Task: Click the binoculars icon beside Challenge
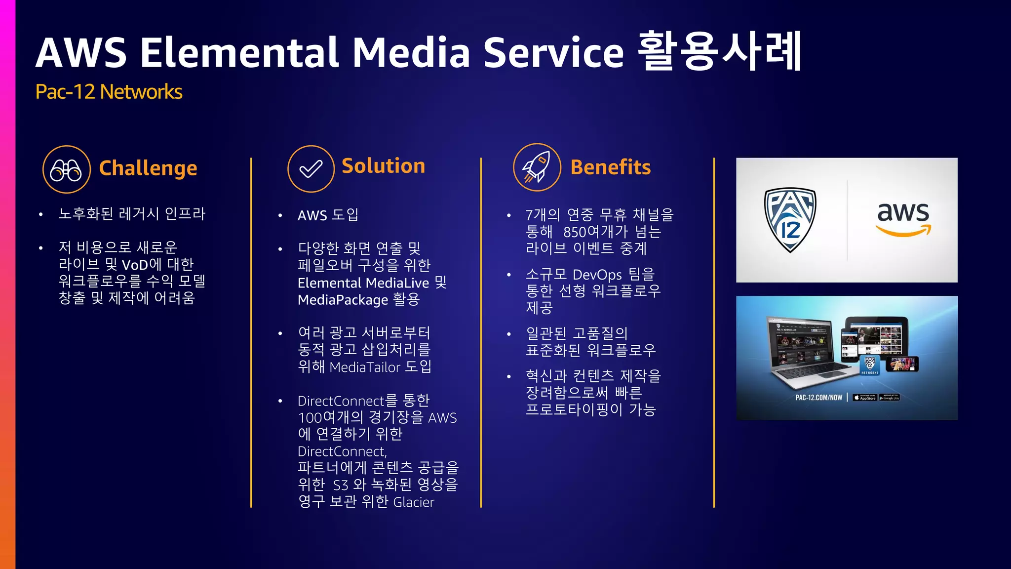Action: [x=66, y=169]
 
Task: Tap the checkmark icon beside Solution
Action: [x=311, y=169]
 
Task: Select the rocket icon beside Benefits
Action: [x=537, y=167]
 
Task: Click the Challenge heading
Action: [x=148, y=168]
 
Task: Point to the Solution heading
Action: [x=383, y=166]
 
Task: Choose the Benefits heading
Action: [x=610, y=167]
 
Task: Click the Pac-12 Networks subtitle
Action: [x=109, y=92]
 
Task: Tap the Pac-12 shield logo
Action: [x=790, y=220]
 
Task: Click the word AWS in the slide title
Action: [x=81, y=53]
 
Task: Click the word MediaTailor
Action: [x=364, y=367]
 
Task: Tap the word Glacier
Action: [x=414, y=502]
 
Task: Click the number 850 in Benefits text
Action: [x=575, y=232]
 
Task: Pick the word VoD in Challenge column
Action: [x=134, y=265]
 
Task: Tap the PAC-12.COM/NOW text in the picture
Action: [x=818, y=398]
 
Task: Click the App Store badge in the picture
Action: [x=864, y=398]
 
